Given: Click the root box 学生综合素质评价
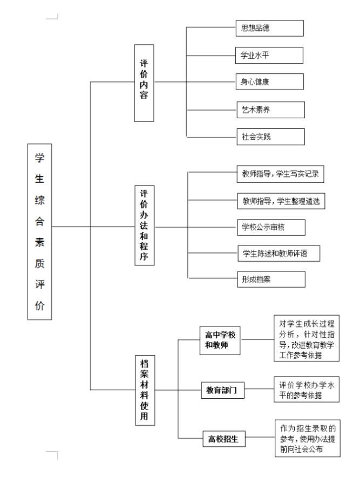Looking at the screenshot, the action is pos(39,231).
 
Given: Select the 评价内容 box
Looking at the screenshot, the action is pos(144,83).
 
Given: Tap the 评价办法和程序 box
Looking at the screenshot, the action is pos(145,225).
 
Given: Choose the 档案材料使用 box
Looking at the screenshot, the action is pos(145,390).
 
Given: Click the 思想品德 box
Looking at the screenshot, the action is pos(270,28).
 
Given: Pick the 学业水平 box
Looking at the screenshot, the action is pos(269,56).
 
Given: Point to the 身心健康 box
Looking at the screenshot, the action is pos(270,81).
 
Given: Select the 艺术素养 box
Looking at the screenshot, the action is pos(271,110).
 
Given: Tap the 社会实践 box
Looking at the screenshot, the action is pos(271,137).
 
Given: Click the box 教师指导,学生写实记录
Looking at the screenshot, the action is pos(280,174).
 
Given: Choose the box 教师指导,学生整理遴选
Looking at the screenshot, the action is pos(281,201).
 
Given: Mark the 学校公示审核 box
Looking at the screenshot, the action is pos(271,227).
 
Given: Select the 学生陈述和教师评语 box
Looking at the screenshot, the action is pos(279,253).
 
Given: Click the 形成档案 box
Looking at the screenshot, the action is pos(271,280).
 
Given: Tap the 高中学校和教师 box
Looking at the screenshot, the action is pos(220,340).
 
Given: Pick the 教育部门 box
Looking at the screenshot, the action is pos(223,390).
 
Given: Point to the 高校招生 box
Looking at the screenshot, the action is pos(224,439).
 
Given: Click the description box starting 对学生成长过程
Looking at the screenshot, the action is pos(307,338).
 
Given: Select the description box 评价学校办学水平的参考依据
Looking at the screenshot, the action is pos(307,390).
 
